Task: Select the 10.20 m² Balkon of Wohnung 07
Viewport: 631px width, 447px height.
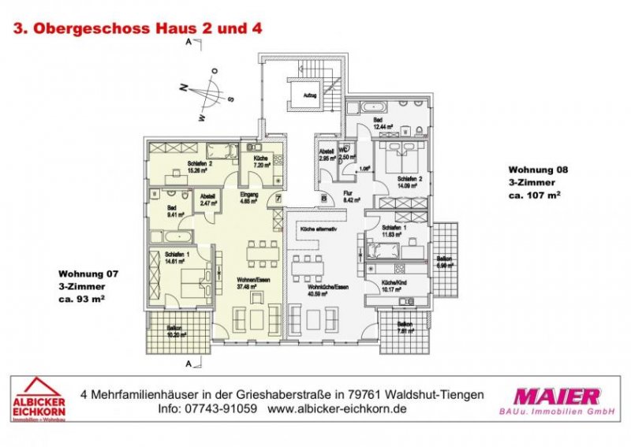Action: tap(177, 330)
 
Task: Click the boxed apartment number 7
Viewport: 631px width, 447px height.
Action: tap(278, 198)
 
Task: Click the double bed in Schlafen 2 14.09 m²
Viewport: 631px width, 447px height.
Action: tap(405, 153)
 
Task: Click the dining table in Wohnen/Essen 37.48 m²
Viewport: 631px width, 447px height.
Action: tap(259, 252)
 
